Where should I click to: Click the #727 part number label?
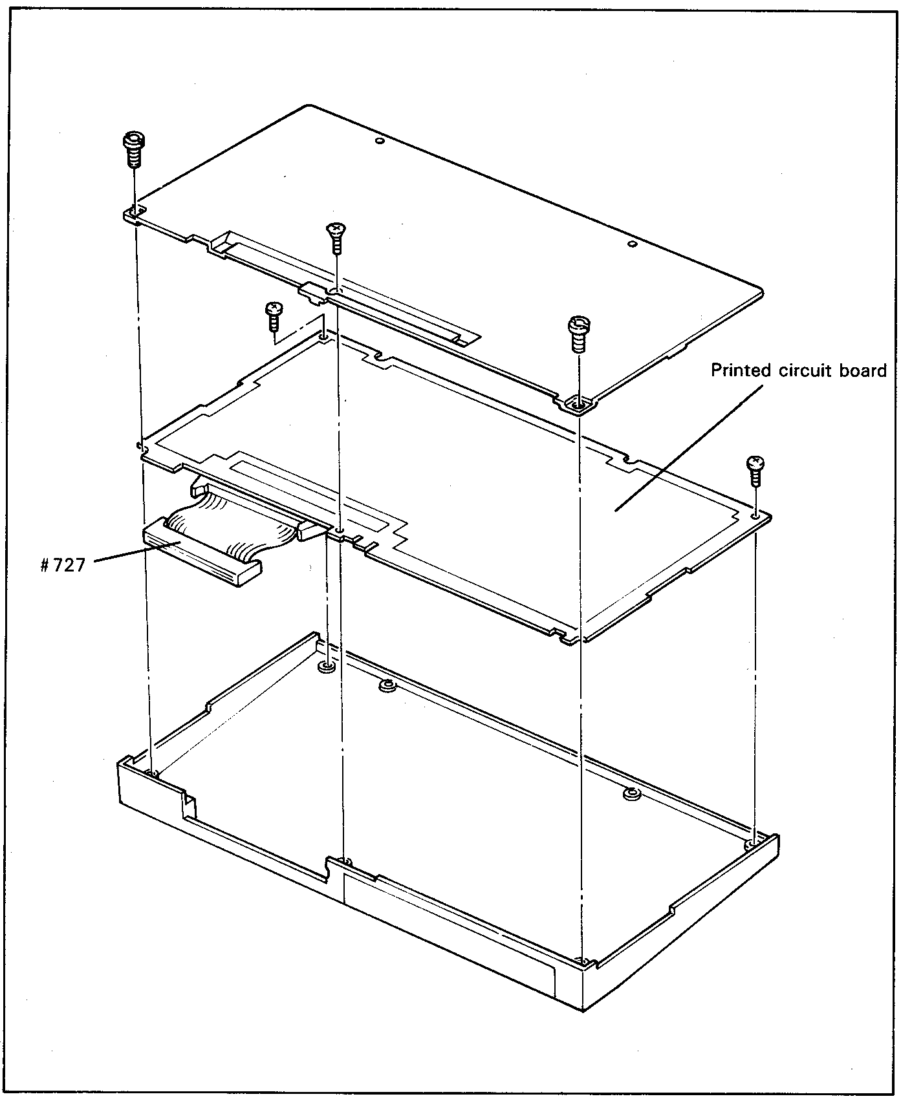(x=62, y=565)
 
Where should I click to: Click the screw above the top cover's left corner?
(x=133, y=151)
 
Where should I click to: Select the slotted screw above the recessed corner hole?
(x=577, y=334)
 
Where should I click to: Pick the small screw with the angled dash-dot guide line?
(x=273, y=316)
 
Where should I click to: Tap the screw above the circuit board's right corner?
(x=755, y=471)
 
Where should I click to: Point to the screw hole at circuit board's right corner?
(x=755, y=515)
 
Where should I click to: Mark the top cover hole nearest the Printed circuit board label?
(x=633, y=244)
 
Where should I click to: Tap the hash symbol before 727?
(x=45, y=565)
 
